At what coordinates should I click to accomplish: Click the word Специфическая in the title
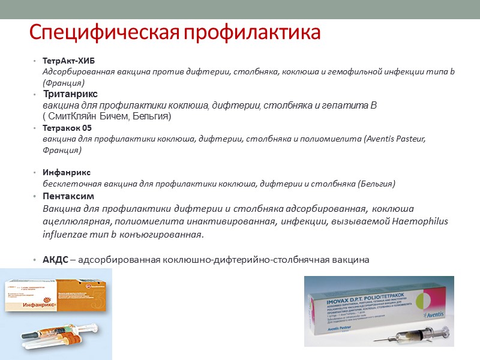click(103, 32)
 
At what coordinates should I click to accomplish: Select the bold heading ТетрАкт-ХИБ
click(68, 62)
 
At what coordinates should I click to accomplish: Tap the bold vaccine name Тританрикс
click(70, 94)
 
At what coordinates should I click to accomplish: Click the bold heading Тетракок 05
click(67, 128)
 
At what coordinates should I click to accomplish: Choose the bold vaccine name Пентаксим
click(68, 196)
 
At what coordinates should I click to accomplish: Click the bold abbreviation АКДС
click(55, 259)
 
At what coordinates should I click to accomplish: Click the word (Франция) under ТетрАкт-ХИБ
click(63, 82)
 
